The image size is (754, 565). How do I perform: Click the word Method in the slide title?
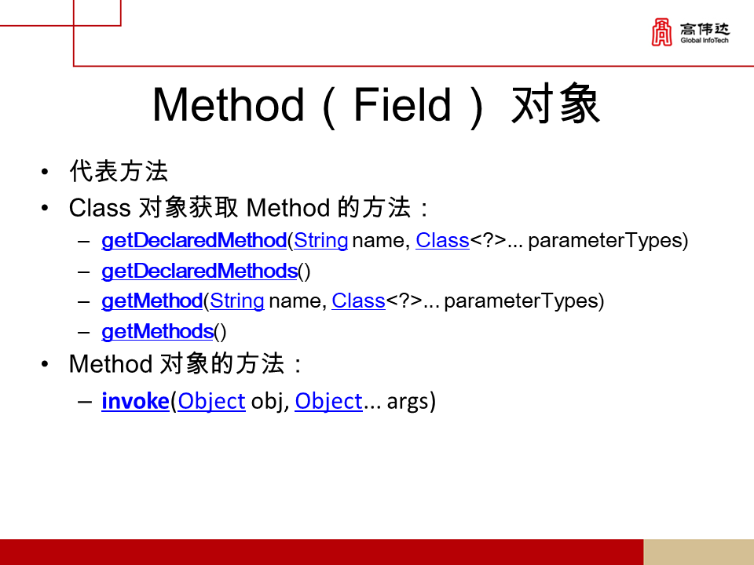(227, 105)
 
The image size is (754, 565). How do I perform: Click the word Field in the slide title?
(403, 105)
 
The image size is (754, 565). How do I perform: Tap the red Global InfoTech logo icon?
(662, 32)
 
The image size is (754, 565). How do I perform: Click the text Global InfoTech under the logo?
(705, 41)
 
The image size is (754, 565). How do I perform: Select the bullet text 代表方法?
(119, 171)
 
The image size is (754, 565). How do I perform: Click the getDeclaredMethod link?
(194, 241)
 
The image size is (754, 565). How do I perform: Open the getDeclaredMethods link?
(199, 272)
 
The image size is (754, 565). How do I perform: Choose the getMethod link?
(152, 301)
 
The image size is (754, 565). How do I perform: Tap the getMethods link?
(158, 332)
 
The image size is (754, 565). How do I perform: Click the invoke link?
(135, 402)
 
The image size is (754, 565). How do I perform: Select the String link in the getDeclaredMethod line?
(321, 241)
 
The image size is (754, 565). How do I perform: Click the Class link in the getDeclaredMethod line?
(442, 241)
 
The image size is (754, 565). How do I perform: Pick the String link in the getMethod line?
(237, 301)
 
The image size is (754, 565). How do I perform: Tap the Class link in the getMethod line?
(358, 301)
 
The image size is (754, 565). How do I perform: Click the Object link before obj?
(212, 402)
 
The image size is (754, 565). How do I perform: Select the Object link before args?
(328, 402)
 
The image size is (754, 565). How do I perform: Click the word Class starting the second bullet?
(100, 208)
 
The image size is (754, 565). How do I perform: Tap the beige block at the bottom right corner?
(698, 552)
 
